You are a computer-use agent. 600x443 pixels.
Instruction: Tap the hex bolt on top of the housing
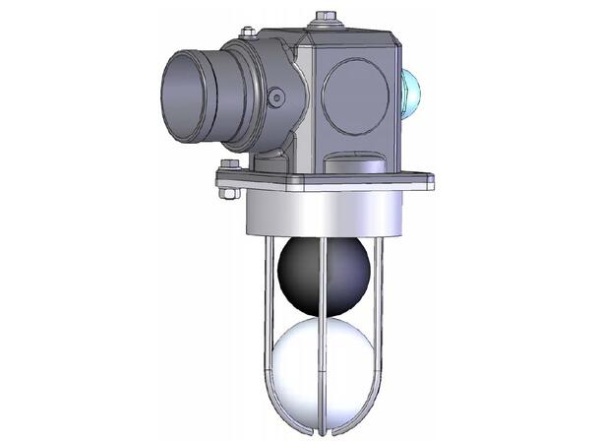(325, 18)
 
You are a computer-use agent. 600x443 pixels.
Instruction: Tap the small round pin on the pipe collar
(276, 96)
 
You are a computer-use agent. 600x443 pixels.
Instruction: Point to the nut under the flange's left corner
(229, 193)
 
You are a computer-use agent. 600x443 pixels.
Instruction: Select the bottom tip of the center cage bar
(322, 431)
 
